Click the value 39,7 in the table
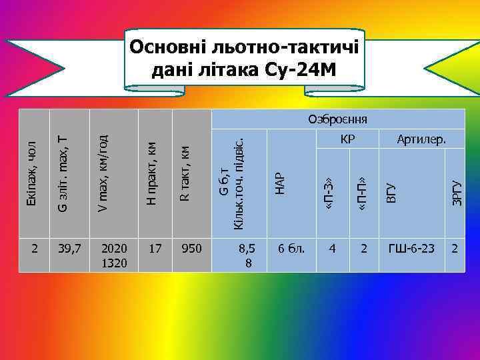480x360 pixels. (x=69, y=249)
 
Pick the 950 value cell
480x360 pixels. (x=191, y=249)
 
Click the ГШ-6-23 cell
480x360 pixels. (x=411, y=249)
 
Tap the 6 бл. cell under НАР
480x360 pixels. (x=291, y=249)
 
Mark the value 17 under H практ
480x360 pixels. (x=155, y=249)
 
